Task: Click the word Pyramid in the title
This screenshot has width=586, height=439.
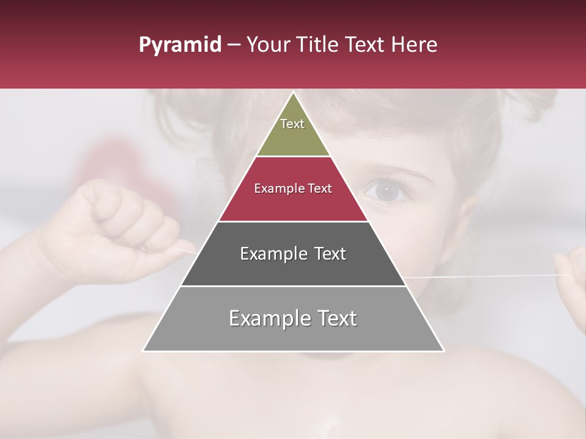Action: pos(179,45)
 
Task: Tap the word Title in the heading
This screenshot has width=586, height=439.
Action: pos(317,45)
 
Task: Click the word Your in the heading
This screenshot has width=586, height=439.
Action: pos(268,45)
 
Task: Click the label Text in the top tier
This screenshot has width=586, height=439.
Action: pos(292,124)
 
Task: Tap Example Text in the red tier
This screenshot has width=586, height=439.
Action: pos(293,188)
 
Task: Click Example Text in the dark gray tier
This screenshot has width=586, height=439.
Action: pos(293,254)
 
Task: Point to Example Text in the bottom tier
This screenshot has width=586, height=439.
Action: pos(293,318)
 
